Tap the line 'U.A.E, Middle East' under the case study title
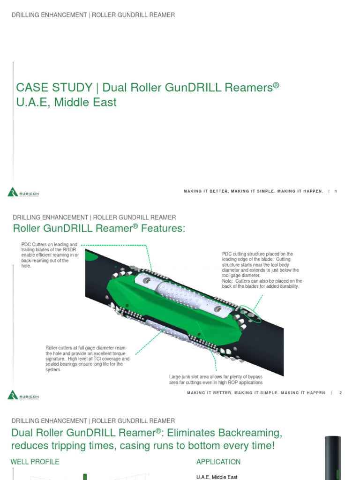pyautogui.click(x=66, y=102)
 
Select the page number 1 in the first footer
pyautogui.click(x=336, y=191)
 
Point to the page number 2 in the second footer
pyautogui.click(x=341, y=393)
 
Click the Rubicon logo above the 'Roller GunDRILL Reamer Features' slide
pyautogui.click(x=23, y=192)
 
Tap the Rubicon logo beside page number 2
pyautogui.click(x=23, y=395)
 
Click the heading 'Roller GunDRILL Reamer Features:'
pyautogui.click(x=99, y=228)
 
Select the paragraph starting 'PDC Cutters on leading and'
pyautogui.click(x=50, y=255)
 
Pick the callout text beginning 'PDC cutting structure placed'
pyautogui.click(x=262, y=270)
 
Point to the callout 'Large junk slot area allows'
pyautogui.click(x=215, y=380)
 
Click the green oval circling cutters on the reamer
pyautogui.click(x=251, y=315)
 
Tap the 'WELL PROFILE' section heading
pyautogui.click(x=35, y=462)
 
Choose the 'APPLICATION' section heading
pyautogui.click(x=218, y=462)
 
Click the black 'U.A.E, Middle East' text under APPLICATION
pyautogui.click(x=217, y=477)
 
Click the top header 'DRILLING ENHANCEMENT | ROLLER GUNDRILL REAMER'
pyautogui.click(x=93, y=15)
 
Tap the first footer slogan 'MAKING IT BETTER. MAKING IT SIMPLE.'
pyautogui.click(x=253, y=191)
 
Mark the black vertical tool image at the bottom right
pyautogui.click(x=333, y=457)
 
